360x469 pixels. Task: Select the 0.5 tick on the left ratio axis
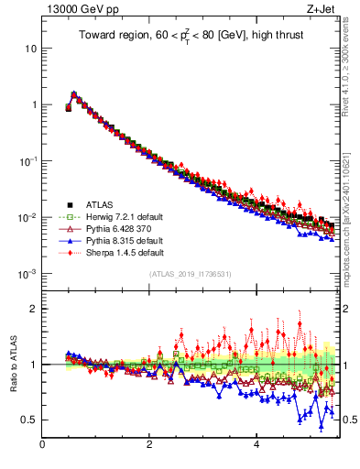[x=27, y=420]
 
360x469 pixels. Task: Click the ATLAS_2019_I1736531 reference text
[x=191, y=275]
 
